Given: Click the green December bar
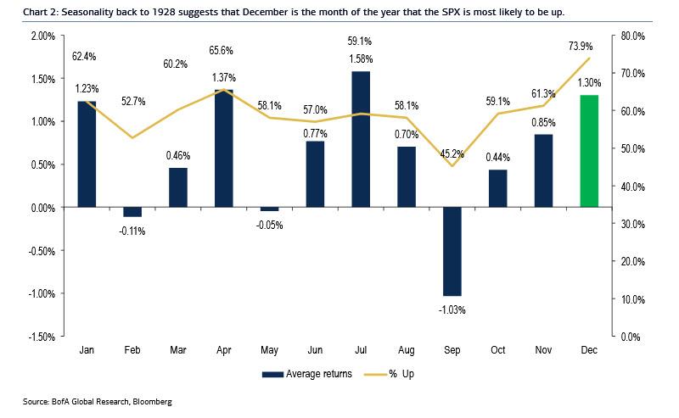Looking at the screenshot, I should tap(589, 151).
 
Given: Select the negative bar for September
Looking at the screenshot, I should tap(452, 251).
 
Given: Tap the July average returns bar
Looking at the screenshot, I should tap(361, 139).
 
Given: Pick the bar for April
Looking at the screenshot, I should tap(224, 148).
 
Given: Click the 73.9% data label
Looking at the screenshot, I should tap(589, 45).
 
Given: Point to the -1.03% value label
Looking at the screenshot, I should tap(452, 309).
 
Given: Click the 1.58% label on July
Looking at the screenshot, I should tap(361, 59).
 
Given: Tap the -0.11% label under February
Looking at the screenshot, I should tap(132, 231).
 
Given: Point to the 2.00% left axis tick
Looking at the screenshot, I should tap(42, 36).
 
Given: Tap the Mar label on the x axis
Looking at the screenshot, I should tap(178, 349).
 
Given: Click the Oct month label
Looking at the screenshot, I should tap(497, 349).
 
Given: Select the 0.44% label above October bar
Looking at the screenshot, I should tap(497, 157).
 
